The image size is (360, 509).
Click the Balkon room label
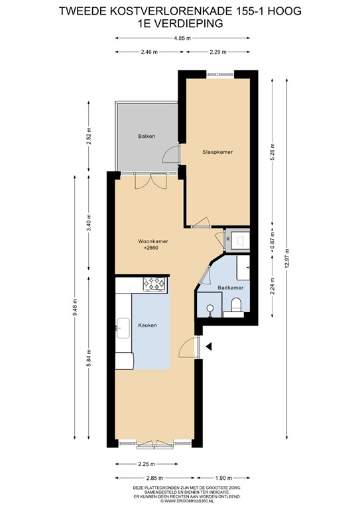[x=147, y=136]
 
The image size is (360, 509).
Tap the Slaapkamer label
[x=217, y=152]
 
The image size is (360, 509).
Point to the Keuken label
[x=147, y=325]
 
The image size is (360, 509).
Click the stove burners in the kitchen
[x=154, y=284]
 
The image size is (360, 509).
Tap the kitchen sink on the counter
[x=123, y=325]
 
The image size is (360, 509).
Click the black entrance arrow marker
[x=208, y=346]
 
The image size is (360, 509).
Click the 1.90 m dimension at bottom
[x=224, y=477]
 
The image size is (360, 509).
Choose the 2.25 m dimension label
[x=147, y=464]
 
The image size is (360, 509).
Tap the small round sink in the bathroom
[x=210, y=307]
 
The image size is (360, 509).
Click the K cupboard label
[x=228, y=238]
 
